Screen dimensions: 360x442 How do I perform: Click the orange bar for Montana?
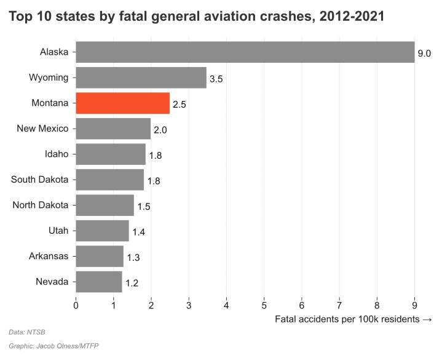click(x=122, y=103)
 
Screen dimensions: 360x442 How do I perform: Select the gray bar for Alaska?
click(x=245, y=52)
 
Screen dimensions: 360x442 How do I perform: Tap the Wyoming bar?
click(x=141, y=78)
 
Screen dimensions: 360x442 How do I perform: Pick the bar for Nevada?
click(x=98, y=282)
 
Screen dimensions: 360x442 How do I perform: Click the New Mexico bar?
click(x=113, y=129)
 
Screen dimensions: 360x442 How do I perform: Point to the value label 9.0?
click(x=424, y=54)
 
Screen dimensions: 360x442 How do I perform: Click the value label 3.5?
click(x=216, y=79)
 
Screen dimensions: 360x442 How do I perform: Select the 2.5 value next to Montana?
click(x=179, y=105)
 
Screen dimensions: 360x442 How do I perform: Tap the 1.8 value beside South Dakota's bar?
click(x=153, y=181)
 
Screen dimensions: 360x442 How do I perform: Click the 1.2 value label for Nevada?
click(x=131, y=283)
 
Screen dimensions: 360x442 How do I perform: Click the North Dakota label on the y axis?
click(x=41, y=205)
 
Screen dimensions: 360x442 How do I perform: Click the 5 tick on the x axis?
click(x=264, y=304)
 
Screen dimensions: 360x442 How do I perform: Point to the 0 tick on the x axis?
click(x=76, y=304)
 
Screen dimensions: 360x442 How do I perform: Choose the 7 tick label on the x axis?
click(x=339, y=304)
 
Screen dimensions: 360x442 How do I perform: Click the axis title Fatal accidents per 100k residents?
click(x=353, y=319)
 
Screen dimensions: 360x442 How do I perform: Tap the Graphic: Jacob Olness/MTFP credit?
click(x=53, y=346)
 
